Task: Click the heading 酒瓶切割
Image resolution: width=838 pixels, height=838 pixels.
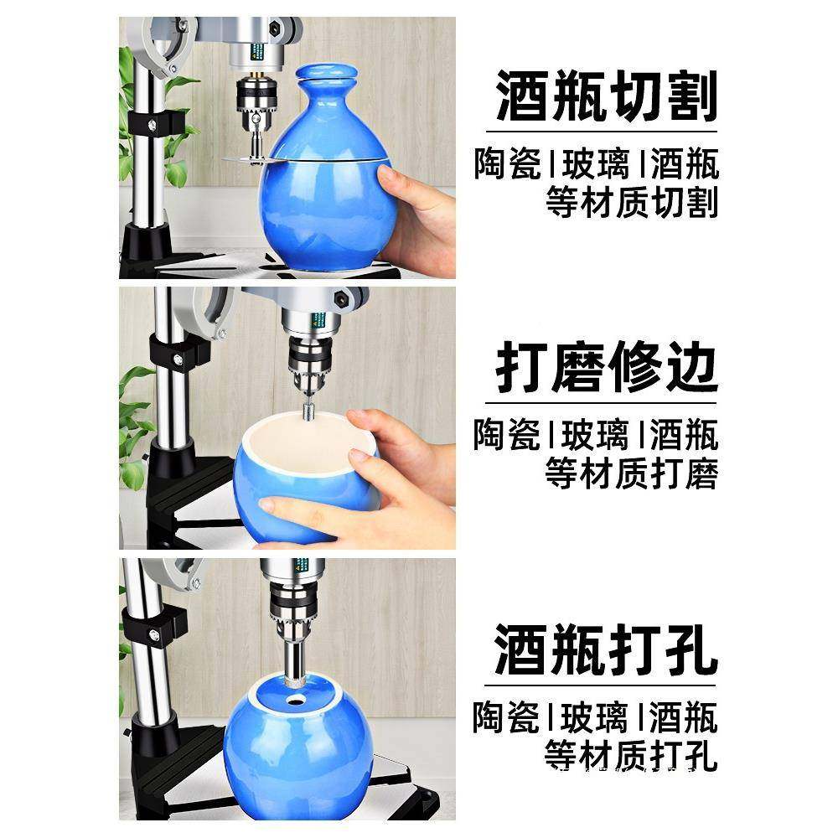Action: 607,96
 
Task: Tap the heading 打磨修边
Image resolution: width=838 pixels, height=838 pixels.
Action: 607,367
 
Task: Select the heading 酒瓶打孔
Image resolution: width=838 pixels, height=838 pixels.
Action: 607,649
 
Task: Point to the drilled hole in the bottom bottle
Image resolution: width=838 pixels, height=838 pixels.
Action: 295,697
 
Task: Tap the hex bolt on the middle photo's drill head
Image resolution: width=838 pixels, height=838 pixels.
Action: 341,297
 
